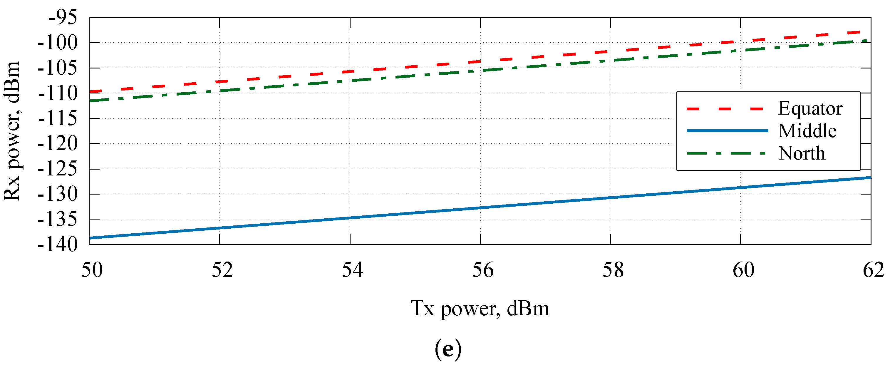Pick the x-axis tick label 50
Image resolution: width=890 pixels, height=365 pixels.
[x=92, y=270]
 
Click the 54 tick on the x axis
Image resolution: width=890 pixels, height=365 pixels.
[x=352, y=270]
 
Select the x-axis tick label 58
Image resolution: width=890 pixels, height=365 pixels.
[x=613, y=270]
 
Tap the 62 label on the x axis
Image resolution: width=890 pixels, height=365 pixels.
[x=873, y=270]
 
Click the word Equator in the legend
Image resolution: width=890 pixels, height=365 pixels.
[x=810, y=108]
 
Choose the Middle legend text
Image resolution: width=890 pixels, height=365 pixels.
[x=807, y=131]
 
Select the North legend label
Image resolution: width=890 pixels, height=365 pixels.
[x=802, y=153]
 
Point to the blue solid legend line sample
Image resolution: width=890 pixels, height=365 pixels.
[x=727, y=131]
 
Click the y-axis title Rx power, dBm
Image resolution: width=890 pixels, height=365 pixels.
[x=12, y=131]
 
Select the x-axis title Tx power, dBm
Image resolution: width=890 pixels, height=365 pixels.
[x=480, y=309]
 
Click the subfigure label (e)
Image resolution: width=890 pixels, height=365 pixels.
[x=448, y=349]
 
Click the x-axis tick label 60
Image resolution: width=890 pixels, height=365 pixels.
[x=743, y=270]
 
